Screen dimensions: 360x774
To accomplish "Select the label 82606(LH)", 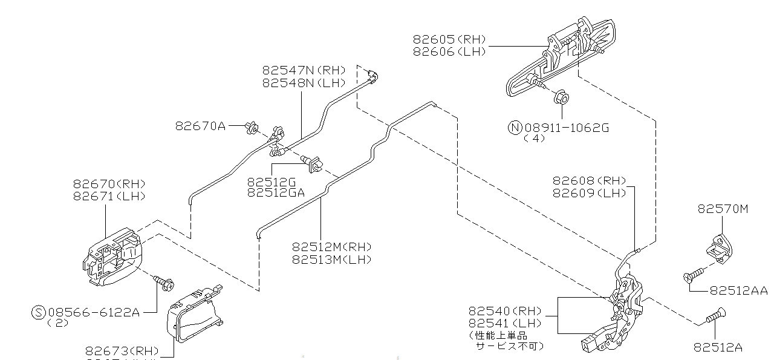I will [450, 52].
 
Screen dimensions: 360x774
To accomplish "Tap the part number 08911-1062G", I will [567, 127].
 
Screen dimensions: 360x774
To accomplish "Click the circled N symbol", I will [515, 127].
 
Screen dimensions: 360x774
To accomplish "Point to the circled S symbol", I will [38, 312].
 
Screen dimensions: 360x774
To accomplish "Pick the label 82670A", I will [200, 126].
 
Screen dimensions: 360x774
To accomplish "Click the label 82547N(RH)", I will [304, 70].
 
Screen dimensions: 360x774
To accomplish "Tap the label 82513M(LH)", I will [331, 260].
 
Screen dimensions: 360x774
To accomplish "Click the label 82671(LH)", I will [109, 196].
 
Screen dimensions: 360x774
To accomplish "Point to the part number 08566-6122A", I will [94, 312].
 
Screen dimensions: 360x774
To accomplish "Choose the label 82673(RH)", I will [122, 351].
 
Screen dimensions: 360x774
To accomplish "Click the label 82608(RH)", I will [589, 180].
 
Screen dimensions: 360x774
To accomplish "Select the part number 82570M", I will [723, 209].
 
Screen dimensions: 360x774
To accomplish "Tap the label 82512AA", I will [738, 291].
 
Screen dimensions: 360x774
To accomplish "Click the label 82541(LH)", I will [505, 324].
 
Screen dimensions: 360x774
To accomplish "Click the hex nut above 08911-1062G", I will [562, 97].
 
